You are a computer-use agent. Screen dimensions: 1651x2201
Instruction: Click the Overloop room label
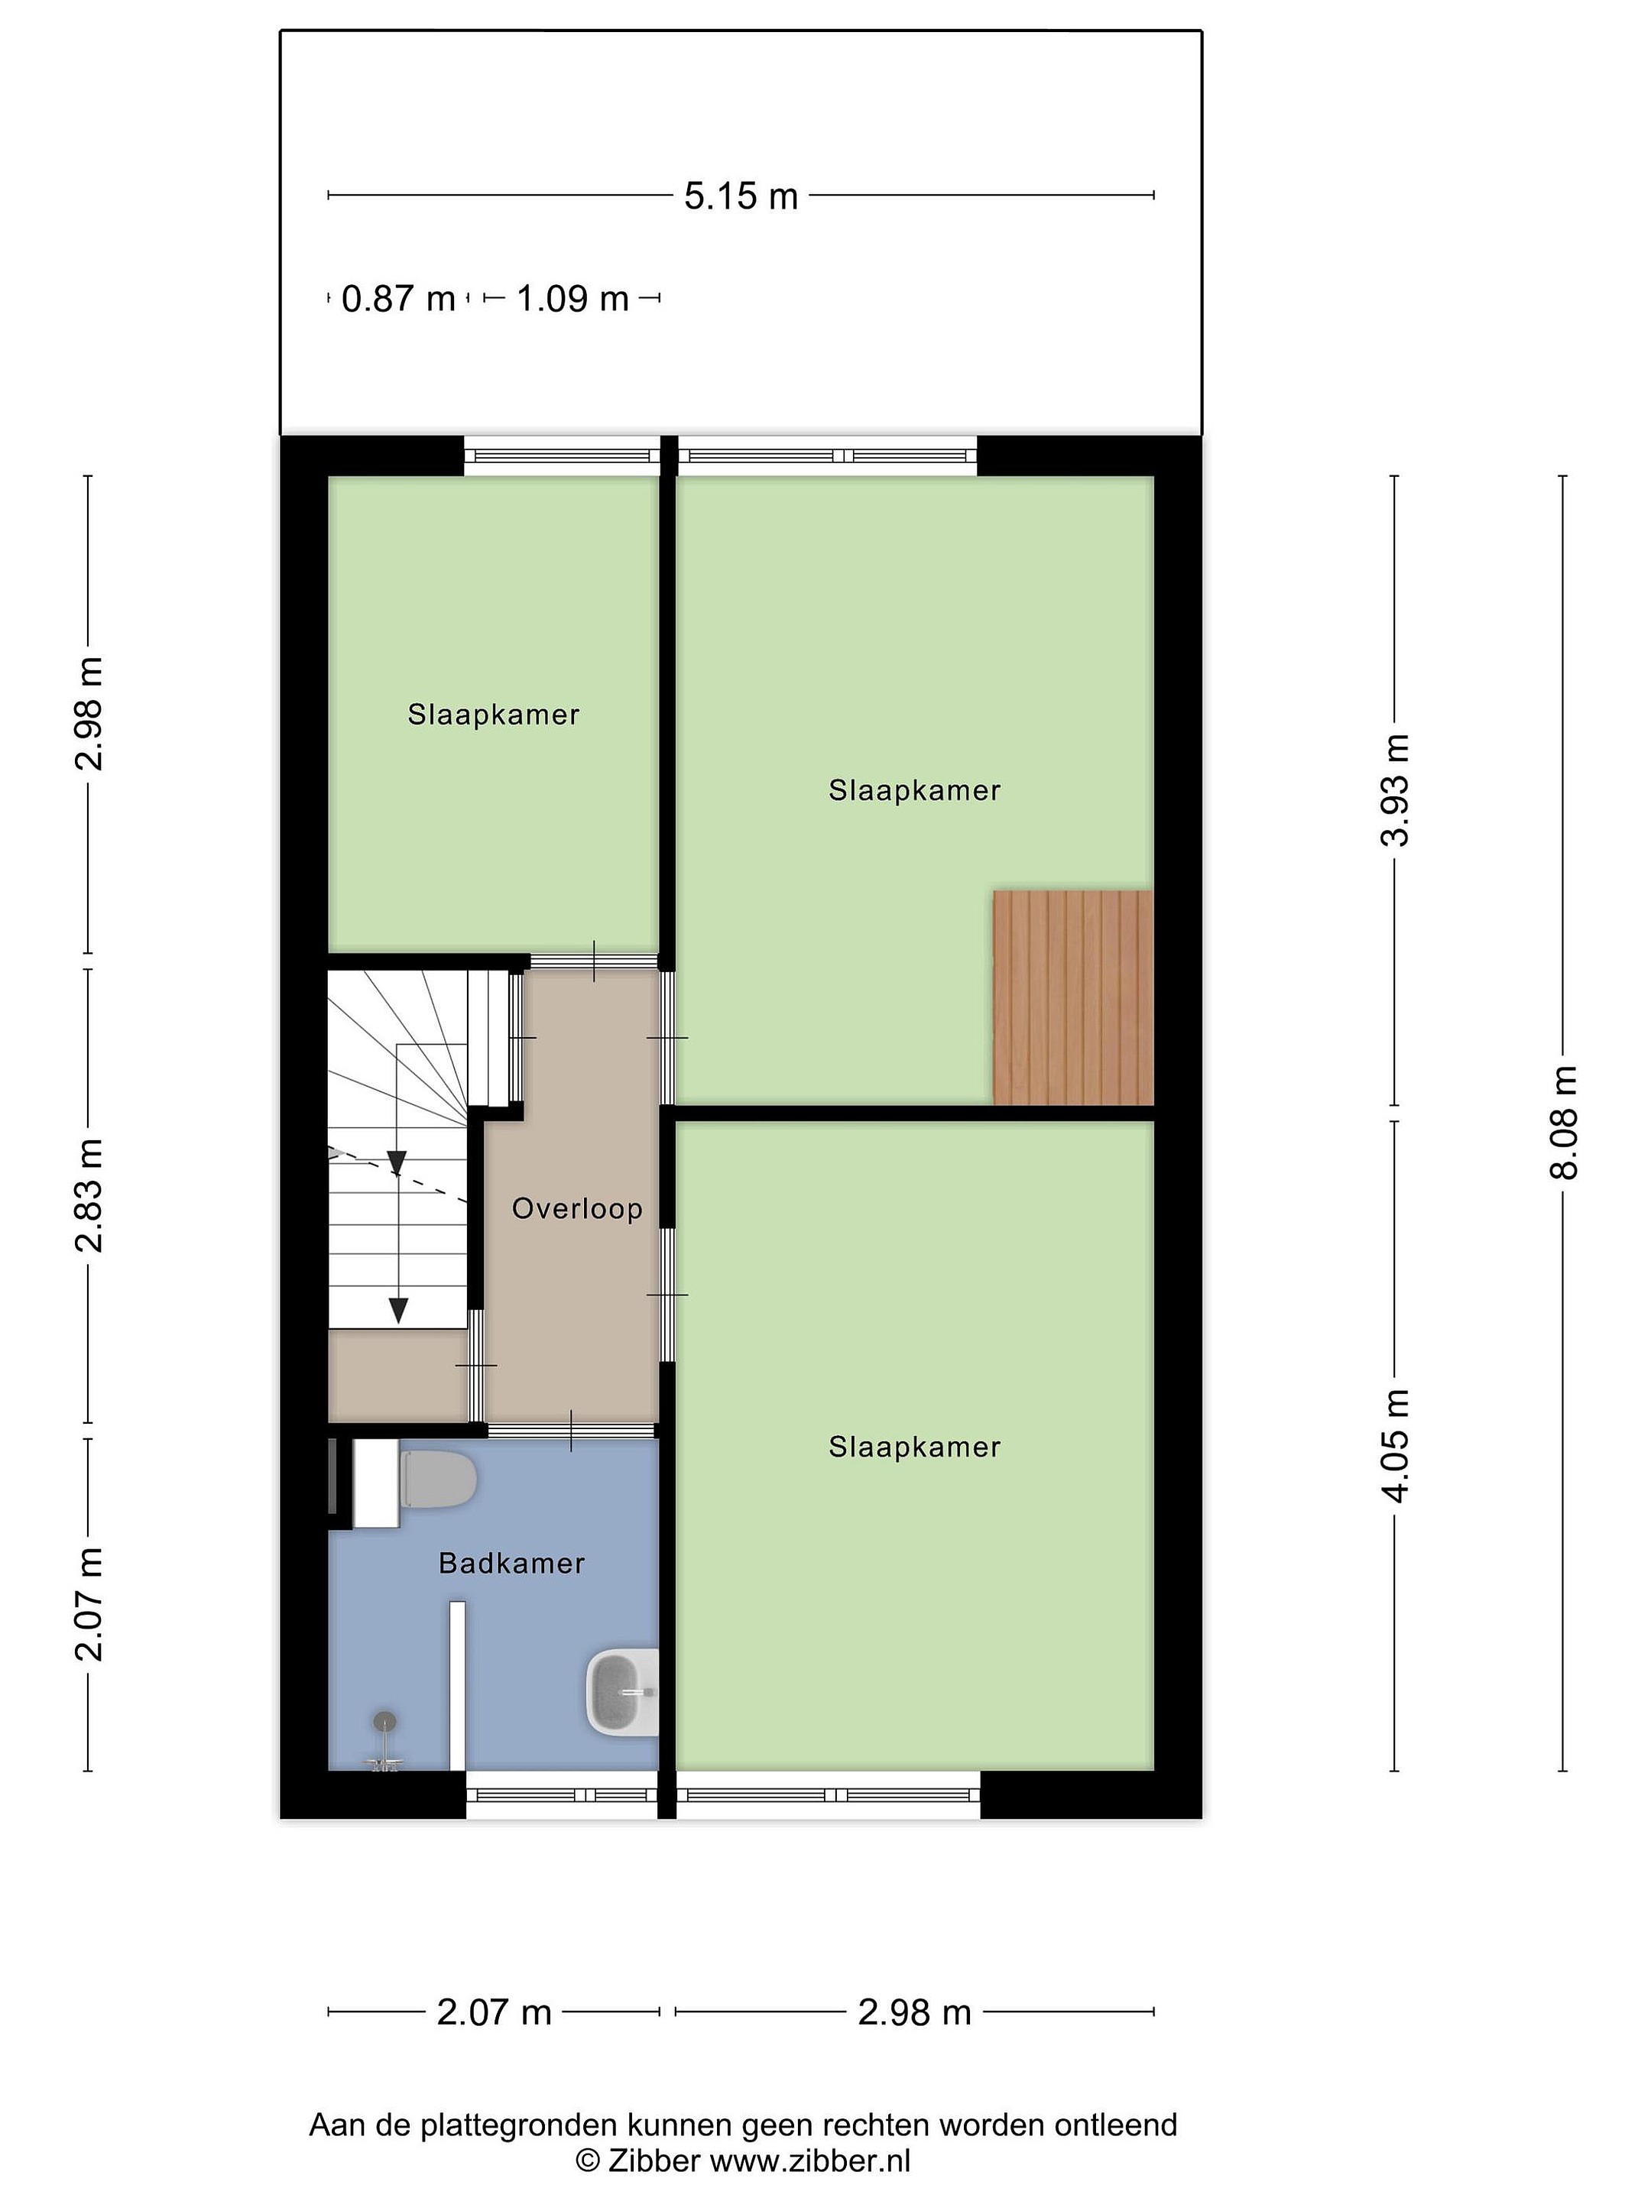click(576, 1209)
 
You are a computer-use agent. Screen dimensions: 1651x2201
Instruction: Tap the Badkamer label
click(511, 1563)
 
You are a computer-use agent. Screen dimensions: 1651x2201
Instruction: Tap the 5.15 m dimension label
click(741, 196)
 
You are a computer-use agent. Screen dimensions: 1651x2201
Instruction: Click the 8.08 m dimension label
click(1563, 1123)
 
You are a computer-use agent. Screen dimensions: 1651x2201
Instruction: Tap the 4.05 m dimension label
click(1395, 1446)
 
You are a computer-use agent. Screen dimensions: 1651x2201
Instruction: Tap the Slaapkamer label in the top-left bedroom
click(494, 715)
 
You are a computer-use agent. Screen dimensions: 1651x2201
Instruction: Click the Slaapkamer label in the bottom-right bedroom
click(915, 1447)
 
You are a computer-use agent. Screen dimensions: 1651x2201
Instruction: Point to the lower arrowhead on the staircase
click(399, 1311)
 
